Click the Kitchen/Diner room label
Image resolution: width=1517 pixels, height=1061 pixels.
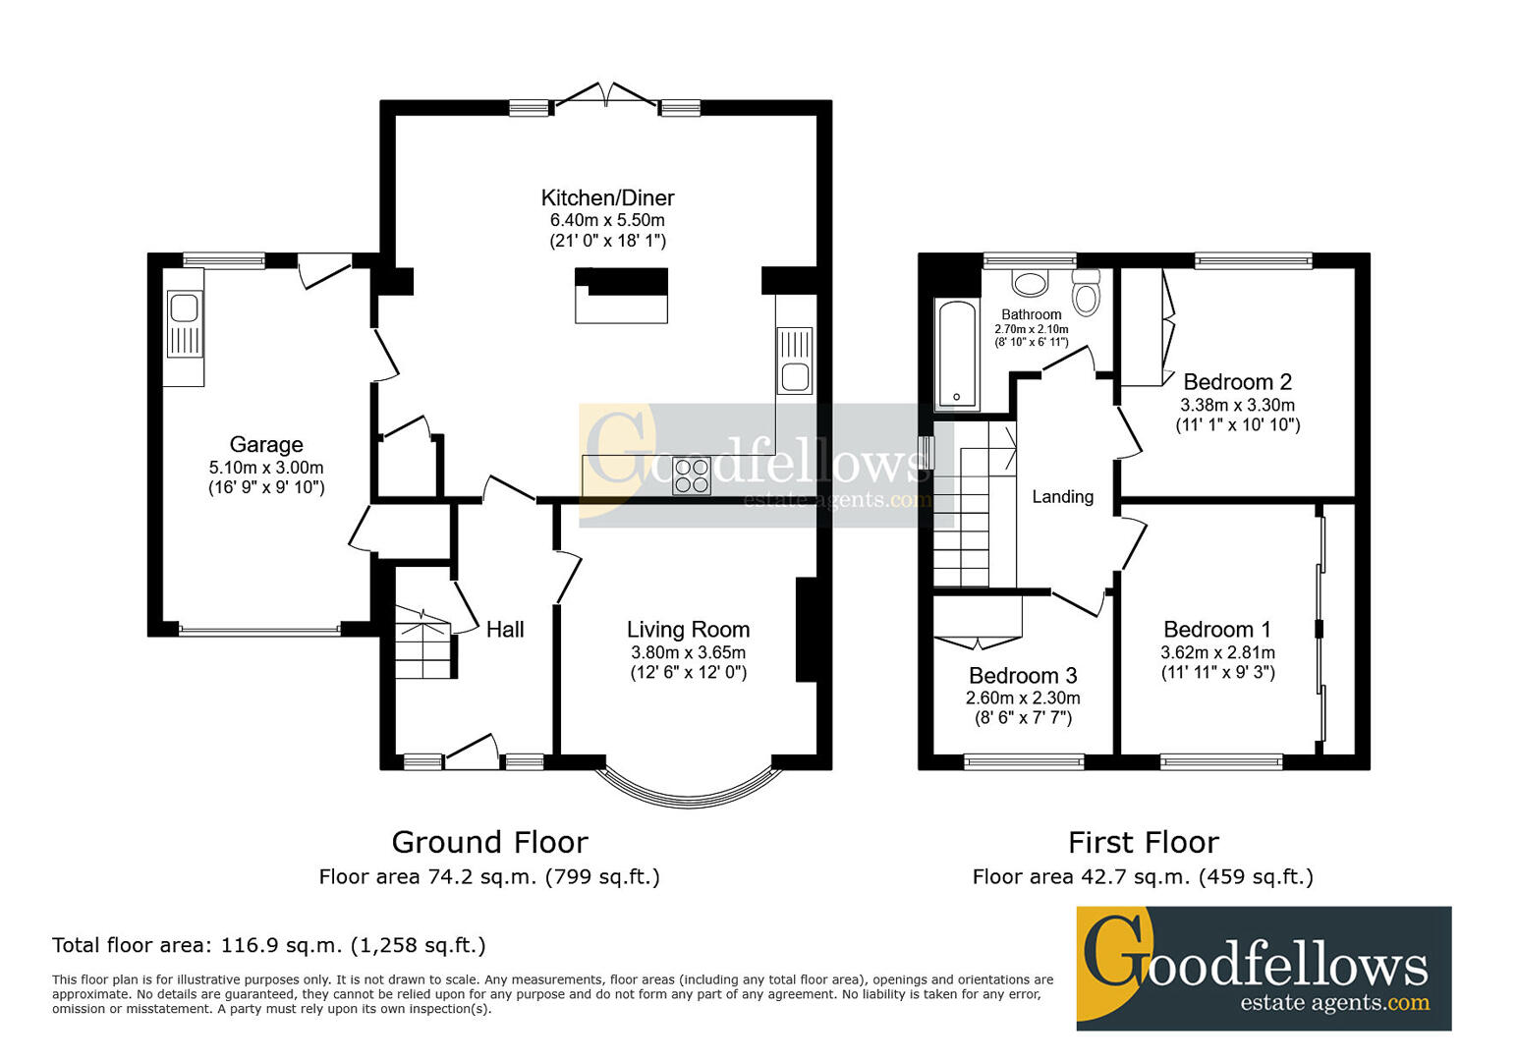607,197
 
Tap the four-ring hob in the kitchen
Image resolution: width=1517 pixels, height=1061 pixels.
692,476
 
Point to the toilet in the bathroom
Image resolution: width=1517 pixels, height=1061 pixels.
1087,293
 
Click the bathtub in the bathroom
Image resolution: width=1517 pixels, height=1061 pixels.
956,355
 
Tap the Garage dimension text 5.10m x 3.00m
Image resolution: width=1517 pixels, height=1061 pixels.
266,468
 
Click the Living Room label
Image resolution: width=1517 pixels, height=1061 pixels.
688,630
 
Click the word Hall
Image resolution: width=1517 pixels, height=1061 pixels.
505,630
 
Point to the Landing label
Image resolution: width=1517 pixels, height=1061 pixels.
1062,497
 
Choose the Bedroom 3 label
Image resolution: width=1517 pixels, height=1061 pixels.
1023,675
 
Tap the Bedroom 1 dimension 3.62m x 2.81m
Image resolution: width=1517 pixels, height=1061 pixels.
1217,652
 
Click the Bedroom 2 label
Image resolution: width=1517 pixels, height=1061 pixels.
1237,382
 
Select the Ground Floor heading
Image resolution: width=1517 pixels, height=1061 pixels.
489,843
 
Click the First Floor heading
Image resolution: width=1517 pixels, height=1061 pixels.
1144,843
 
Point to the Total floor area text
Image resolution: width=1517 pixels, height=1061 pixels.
269,945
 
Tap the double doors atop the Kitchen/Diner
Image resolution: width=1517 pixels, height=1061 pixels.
606,94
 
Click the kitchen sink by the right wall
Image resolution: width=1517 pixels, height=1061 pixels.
795,361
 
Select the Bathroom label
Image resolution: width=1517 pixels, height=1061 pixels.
1031,314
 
